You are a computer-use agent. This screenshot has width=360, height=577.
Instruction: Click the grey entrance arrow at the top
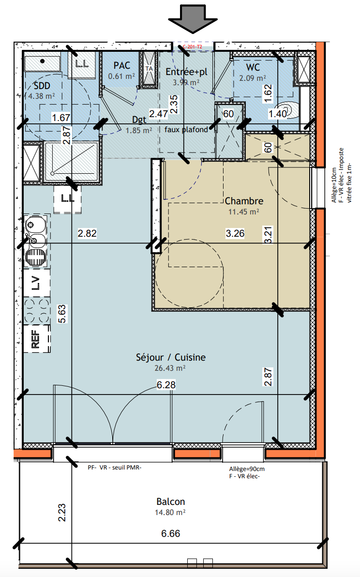point(193,18)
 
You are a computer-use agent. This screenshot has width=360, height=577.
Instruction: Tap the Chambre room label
point(244,201)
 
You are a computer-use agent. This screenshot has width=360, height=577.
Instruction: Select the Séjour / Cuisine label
point(171,357)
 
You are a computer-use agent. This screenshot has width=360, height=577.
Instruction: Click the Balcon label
point(171,501)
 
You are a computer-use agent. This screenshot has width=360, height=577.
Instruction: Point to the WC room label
point(253,67)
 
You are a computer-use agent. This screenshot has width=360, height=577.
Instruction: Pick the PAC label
point(122,65)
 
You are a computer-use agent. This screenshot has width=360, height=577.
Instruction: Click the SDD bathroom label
point(42,86)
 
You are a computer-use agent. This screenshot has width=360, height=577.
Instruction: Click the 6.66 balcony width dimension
point(171,533)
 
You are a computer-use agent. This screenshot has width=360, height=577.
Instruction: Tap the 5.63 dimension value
point(62,314)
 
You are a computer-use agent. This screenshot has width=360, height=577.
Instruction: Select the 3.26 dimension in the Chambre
point(235,233)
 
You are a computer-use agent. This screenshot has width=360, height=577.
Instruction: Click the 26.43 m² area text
point(170,368)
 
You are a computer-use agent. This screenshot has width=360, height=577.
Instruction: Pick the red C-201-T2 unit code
point(192,47)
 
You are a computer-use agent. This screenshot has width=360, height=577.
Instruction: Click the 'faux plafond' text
point(186,130)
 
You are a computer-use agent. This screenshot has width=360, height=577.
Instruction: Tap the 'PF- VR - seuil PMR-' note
point(114,467)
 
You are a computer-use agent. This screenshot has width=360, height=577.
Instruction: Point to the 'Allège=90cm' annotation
point(247,469)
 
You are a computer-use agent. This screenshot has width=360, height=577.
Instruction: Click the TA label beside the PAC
point(149,68)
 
